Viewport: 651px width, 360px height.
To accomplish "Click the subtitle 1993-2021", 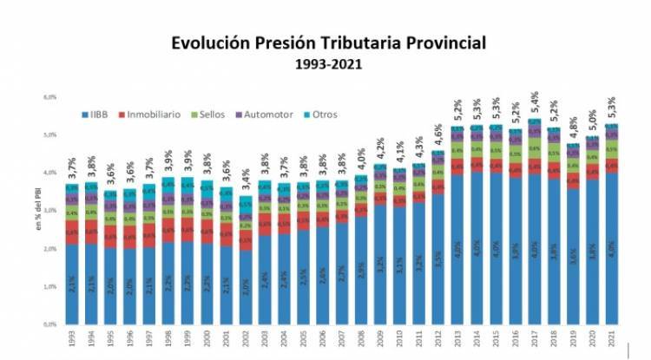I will pos(328,63).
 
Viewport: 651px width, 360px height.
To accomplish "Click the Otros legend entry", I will pos(321,114).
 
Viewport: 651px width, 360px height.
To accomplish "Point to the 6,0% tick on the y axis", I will pos(50,97).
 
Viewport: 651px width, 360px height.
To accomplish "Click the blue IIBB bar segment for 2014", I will pos(477,252).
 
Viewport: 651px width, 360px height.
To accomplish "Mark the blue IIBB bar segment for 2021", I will pos(612,252).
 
